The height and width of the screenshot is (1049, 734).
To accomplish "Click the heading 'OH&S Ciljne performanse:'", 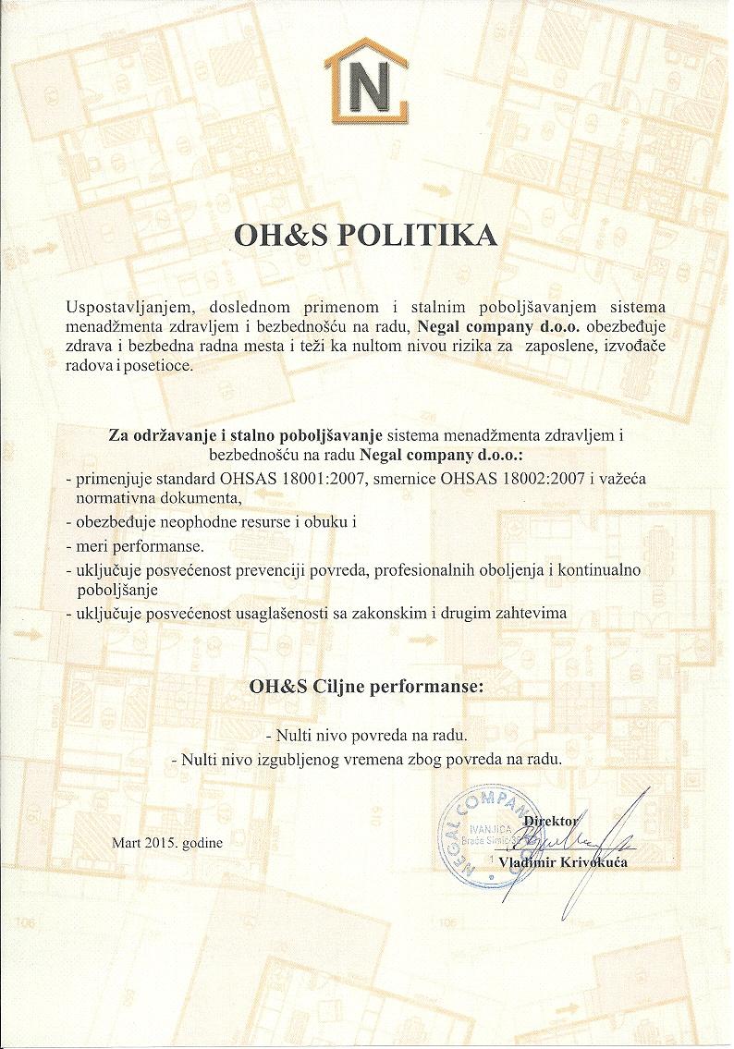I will point(367,688).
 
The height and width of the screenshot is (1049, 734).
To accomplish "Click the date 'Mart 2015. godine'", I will point(167,843).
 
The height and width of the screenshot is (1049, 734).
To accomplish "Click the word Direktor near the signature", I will point(551,821).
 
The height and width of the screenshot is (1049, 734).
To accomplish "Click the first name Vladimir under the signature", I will point(528,862).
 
